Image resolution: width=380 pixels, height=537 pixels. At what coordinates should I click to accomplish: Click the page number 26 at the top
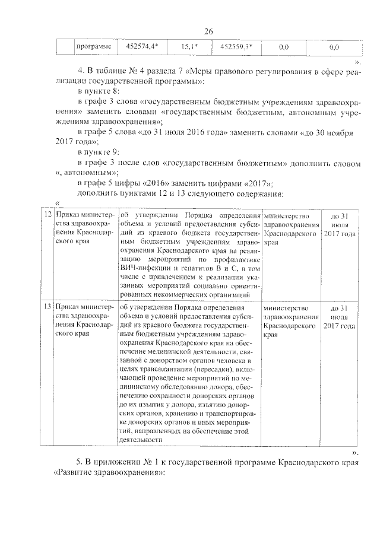pyautogui.click(x=208, y=31)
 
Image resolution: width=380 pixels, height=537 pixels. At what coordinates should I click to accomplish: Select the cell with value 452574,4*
pyautogui.click(x=137, y=46)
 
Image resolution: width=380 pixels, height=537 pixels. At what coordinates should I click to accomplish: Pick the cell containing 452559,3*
pyautogui.click(x=236, y=46)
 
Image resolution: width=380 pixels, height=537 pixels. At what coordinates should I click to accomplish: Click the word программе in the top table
pyautogui.click(x=93, y=46)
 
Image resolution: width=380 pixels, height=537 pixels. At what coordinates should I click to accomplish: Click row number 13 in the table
pyautogui.click(x=46, y=308)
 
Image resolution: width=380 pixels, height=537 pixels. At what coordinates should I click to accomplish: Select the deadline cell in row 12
pyautogui.click(x=340, y=225)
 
